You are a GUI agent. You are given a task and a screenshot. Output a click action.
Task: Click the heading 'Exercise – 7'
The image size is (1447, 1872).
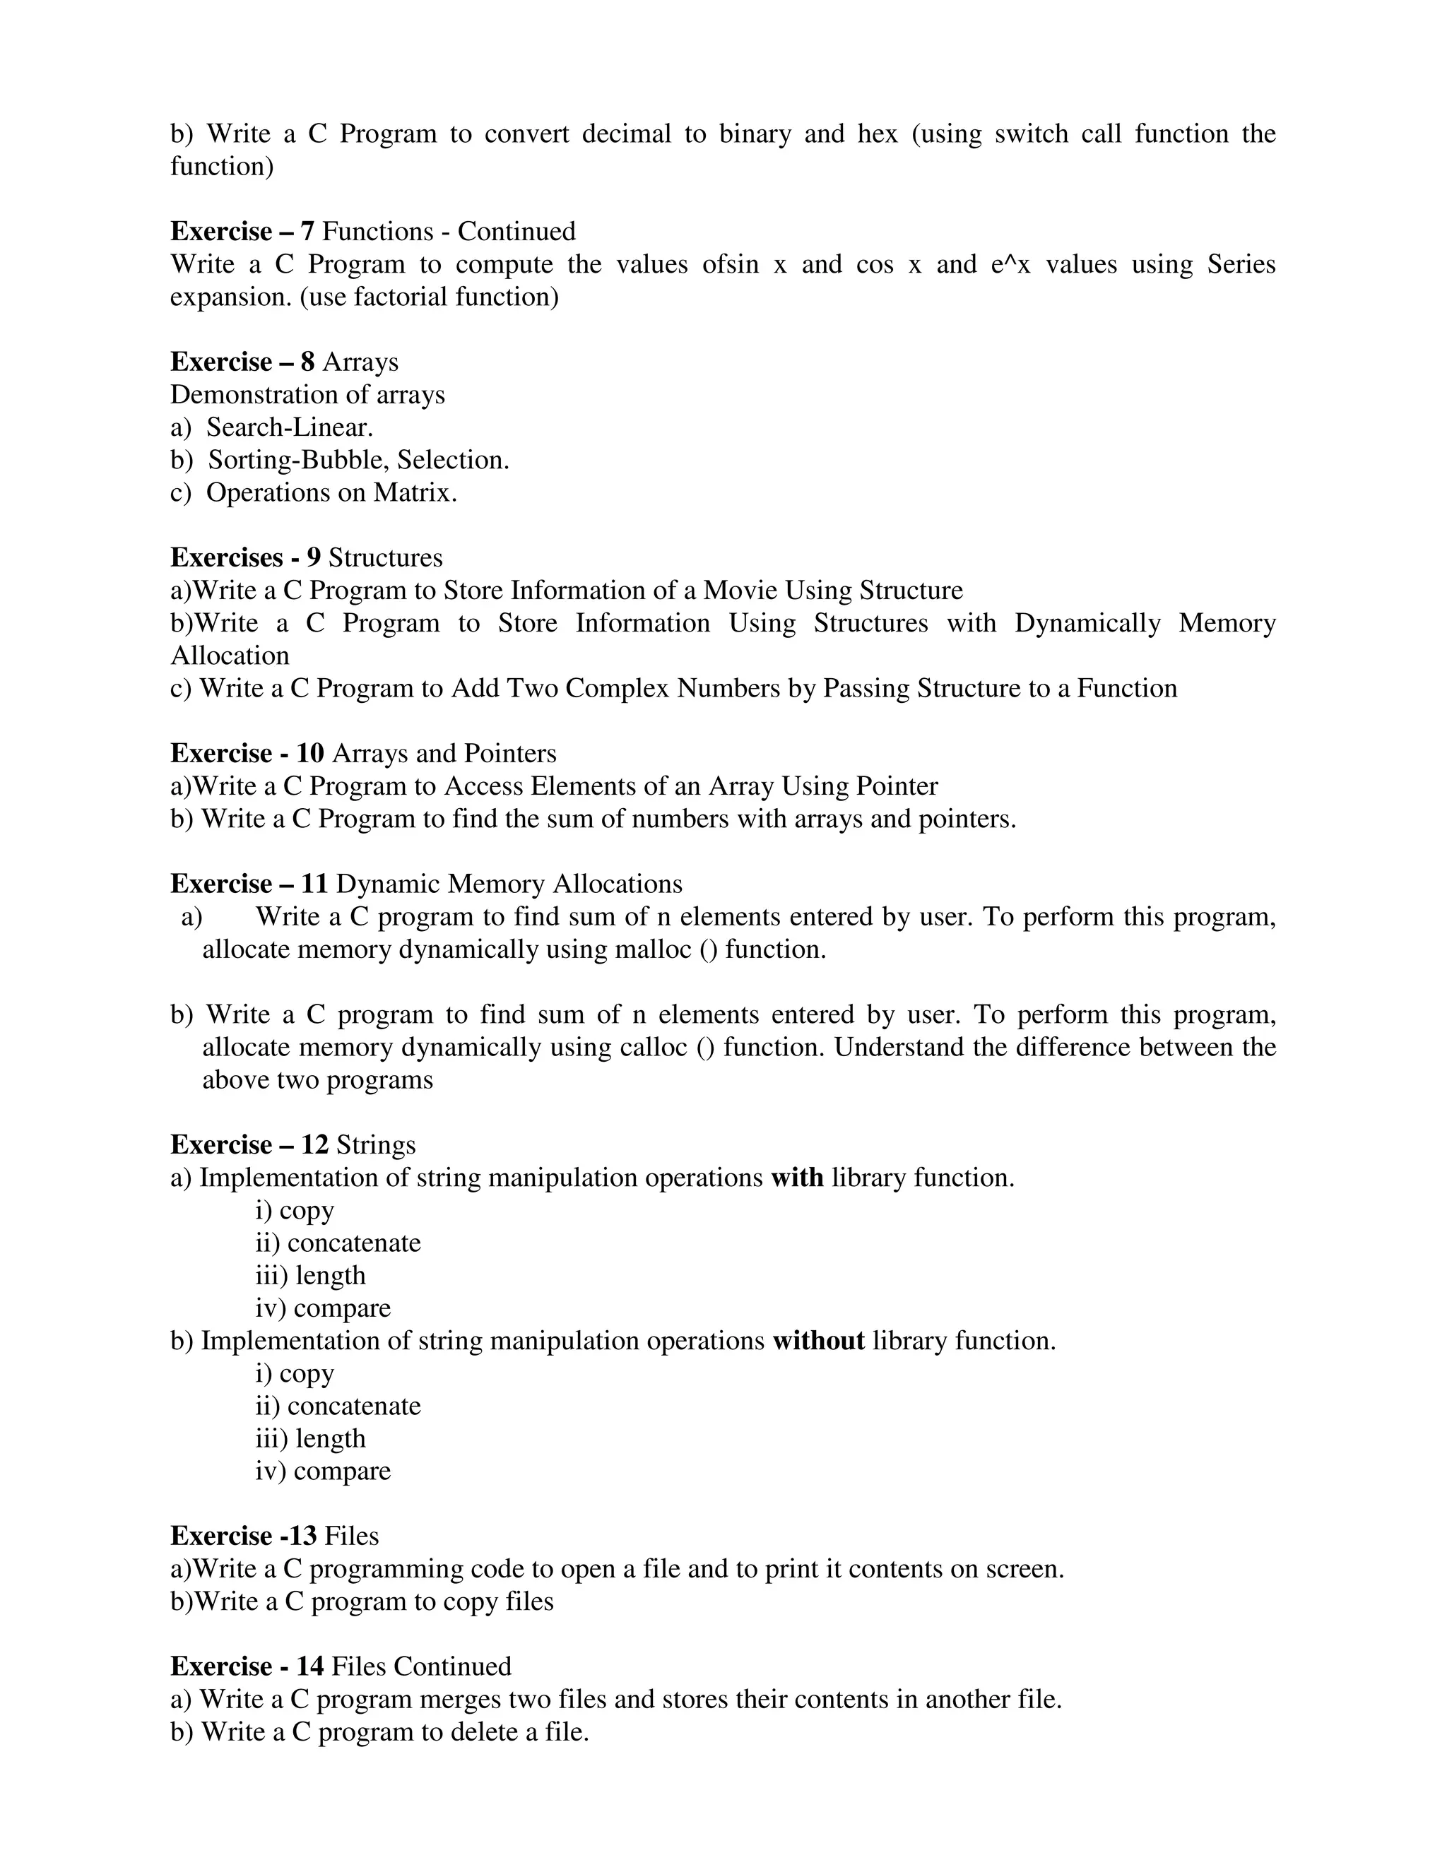pos(242,232)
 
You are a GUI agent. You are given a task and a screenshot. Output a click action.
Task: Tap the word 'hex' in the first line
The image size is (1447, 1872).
pos(877,134)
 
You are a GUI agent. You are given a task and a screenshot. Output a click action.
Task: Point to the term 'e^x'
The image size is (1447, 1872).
pos(1010,264)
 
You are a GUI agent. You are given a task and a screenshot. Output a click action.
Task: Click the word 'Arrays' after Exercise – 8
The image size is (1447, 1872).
pos(360,362)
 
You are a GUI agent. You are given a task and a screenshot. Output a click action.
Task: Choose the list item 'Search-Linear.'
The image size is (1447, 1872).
pos(290,427)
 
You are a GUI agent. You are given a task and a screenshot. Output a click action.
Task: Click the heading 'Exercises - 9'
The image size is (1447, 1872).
pos(245,558)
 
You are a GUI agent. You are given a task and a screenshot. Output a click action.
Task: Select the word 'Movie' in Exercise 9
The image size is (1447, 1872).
pos(740,591)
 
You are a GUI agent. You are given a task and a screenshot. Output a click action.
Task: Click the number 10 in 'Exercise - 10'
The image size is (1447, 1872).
pos(309,754)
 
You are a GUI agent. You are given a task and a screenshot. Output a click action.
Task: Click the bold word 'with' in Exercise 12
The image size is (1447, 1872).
pos(796,1178)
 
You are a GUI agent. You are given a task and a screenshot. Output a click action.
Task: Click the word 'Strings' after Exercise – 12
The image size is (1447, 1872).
pos(375,1145)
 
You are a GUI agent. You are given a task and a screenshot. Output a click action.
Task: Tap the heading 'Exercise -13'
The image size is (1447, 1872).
pos(244,1536)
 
